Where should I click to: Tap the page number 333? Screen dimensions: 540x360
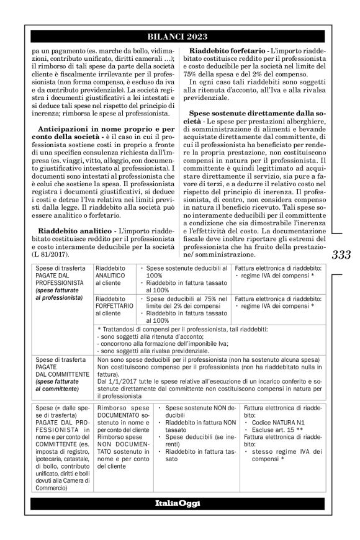[x=341, y=254]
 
